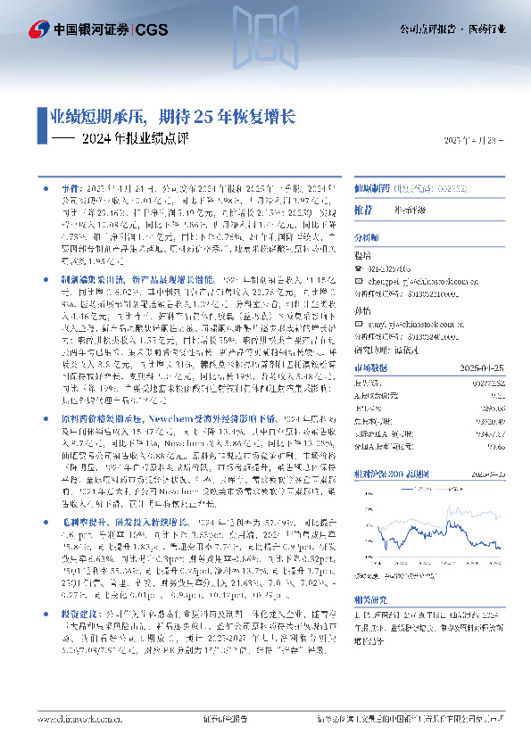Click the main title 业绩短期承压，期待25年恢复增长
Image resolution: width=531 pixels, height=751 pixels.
coord(171,116)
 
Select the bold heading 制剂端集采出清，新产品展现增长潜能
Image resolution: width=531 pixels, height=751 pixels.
coord(129,279)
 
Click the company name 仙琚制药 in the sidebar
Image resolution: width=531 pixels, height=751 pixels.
coord(373,190)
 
